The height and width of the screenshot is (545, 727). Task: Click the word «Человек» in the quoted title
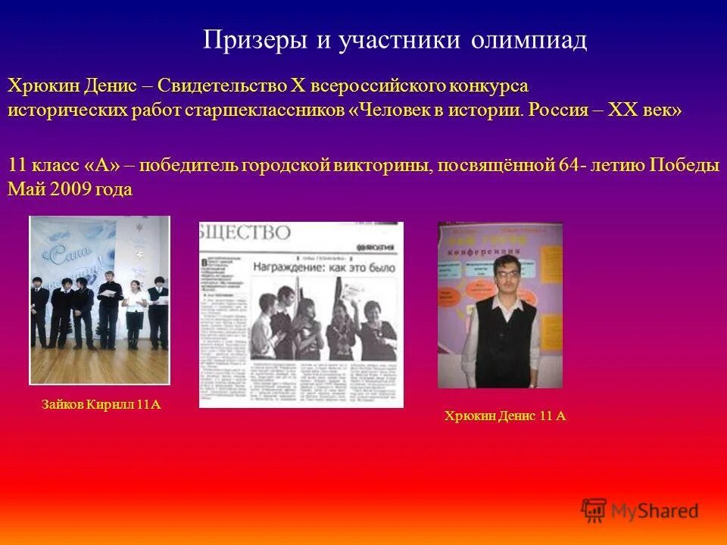click(x=405, y=110)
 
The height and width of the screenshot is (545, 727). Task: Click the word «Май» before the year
click(x=22, y=189)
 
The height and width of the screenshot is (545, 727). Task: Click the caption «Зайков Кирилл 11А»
click(x=101, y=405)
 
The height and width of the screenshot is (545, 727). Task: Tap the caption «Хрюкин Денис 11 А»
click(x=505, y=416)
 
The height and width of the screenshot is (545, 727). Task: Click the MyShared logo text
click(x=656, y=511)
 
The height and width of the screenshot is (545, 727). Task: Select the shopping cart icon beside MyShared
click(x=594, y=510)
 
